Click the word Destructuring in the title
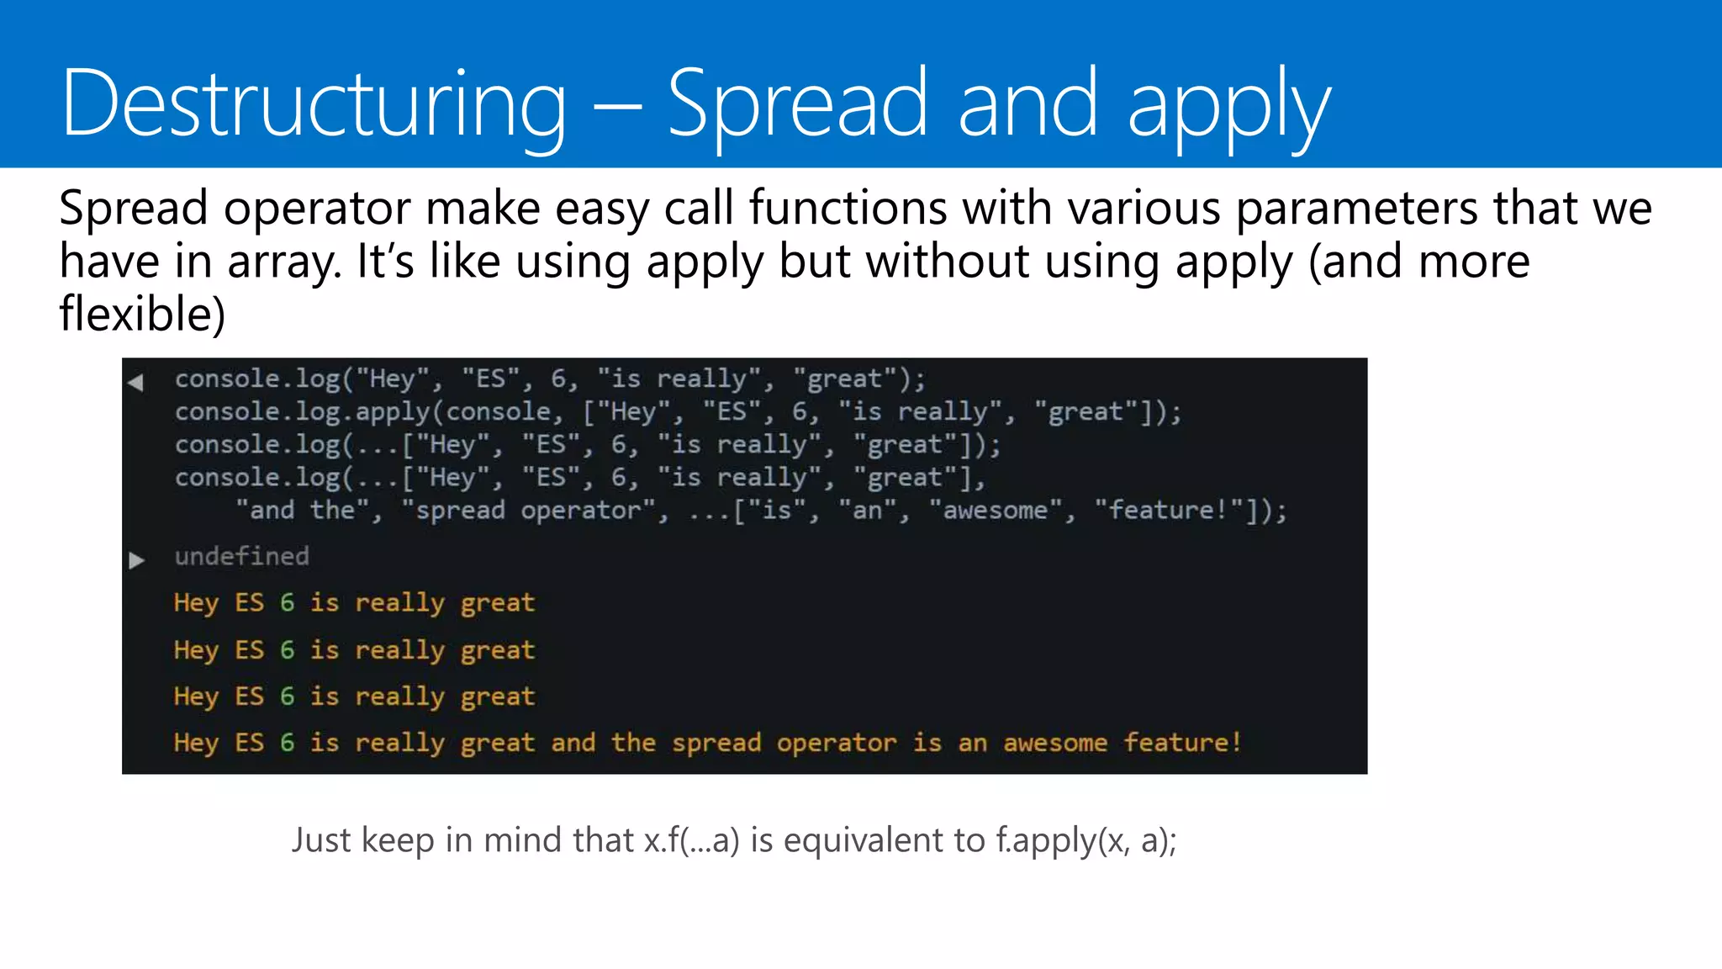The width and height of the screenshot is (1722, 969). tap(314, 104)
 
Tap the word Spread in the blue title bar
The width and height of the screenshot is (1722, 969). tap(797, 104)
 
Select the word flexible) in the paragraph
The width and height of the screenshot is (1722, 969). tap(142, 315)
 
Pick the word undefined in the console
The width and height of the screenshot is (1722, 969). tap(242, 557)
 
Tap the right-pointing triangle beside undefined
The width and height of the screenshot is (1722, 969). tap(136, 560)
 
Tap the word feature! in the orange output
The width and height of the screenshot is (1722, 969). tap(1182, 743)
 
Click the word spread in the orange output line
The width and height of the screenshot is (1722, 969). tap(716, 743)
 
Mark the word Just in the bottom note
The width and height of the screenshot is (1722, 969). tap(321, 840)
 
